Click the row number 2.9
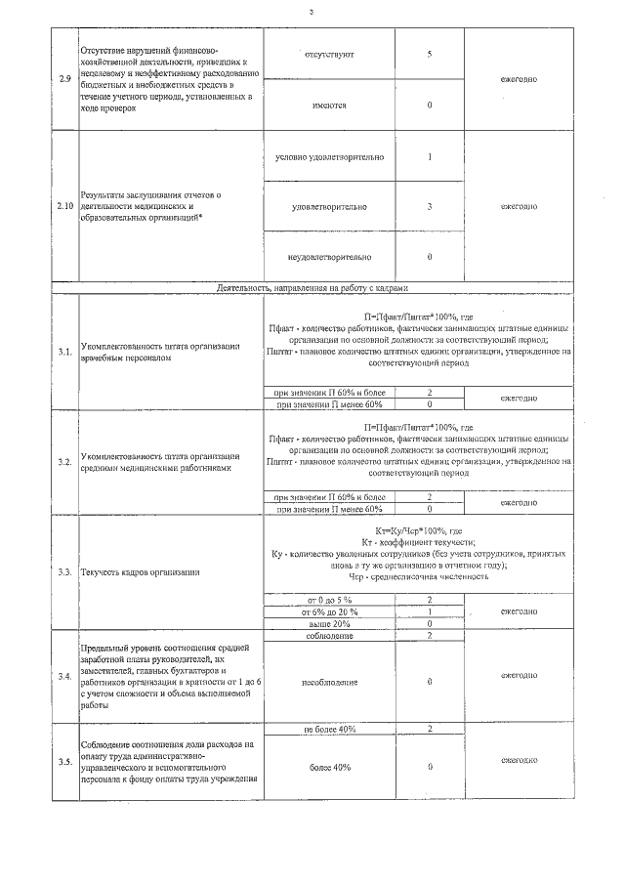coord(64,79)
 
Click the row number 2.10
coord(65,206)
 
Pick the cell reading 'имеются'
coord(329,105)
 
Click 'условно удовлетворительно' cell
coord(329,157)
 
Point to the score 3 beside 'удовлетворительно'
coord(430,206)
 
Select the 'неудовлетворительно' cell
coord(329,257)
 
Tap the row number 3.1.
coord(64,352)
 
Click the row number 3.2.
coord(64,460)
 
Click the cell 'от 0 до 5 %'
coord(329,599)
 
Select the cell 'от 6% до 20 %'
coord(329,610)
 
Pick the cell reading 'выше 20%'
coord(329,623)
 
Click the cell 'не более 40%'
coord(329,729)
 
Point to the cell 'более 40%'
coord(329,767)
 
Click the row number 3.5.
coord(64,761)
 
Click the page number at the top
coord(312,12)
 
